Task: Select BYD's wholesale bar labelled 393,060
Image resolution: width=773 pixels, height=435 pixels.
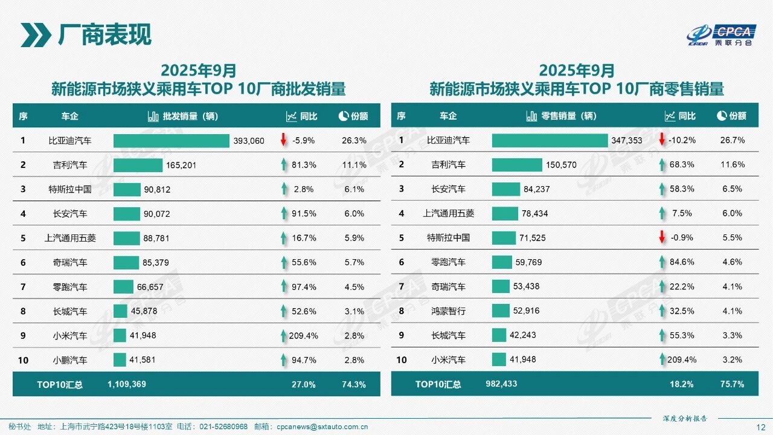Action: (x=172, y=141)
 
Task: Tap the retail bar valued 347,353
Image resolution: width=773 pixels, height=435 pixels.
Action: (x=550, y=140)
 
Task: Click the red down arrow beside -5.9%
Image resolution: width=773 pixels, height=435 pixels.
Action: (x=283, y=140)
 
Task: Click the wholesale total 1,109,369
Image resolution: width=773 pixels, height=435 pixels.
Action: (x=127, y=384)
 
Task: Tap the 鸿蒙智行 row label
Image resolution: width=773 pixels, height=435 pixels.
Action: (x=449, y=311)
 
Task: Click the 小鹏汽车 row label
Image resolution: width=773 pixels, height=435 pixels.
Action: (x=70, y=360)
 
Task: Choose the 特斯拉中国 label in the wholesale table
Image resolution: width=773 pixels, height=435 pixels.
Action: (x=70, y=189)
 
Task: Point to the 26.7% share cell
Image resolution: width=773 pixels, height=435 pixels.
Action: (x=732, y=140)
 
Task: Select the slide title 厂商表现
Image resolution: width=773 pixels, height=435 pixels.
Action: (x=104, y=35)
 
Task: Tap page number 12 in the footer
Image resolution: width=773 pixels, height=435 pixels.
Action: (x=761, y=427)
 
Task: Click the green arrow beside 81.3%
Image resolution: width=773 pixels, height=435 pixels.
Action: (x=283, y=165)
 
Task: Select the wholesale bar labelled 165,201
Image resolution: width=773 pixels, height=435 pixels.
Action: (x=138, y=165)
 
